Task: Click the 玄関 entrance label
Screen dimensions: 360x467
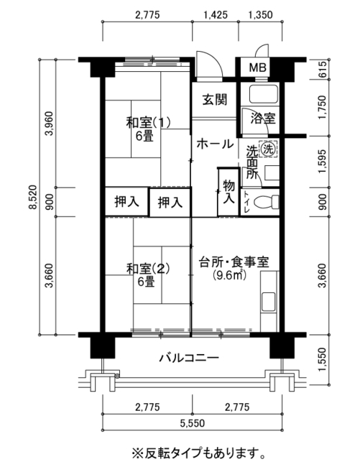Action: coord(215,99)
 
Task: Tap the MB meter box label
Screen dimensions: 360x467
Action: coord(257,68)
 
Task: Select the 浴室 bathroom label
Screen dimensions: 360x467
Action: coord(262,119)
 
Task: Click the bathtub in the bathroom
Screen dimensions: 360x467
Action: coord(264,94)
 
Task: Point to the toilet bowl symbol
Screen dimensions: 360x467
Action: coord(266,202)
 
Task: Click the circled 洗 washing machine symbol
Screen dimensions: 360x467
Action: coord(267,149)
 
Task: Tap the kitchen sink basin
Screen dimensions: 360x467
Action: coord(268,302)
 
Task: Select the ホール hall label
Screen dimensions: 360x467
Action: coord(215,144)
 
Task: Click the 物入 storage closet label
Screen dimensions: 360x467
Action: coord(229,192)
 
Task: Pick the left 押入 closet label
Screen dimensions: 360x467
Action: coord(127,202)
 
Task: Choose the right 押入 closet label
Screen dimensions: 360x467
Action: coord(170,203)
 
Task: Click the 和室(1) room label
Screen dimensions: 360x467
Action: coord(148,122)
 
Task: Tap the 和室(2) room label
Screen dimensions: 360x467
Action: coord(148,269)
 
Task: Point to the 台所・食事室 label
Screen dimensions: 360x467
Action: coord(234,262)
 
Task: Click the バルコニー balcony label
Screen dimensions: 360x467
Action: coord(189,357)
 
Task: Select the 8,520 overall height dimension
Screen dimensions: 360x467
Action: coord(33,197)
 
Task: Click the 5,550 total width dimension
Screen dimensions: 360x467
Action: coord(193,423)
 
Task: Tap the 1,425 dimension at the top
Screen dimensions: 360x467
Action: coord(216,14)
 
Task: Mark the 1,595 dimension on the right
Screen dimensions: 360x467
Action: coord(322,161)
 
